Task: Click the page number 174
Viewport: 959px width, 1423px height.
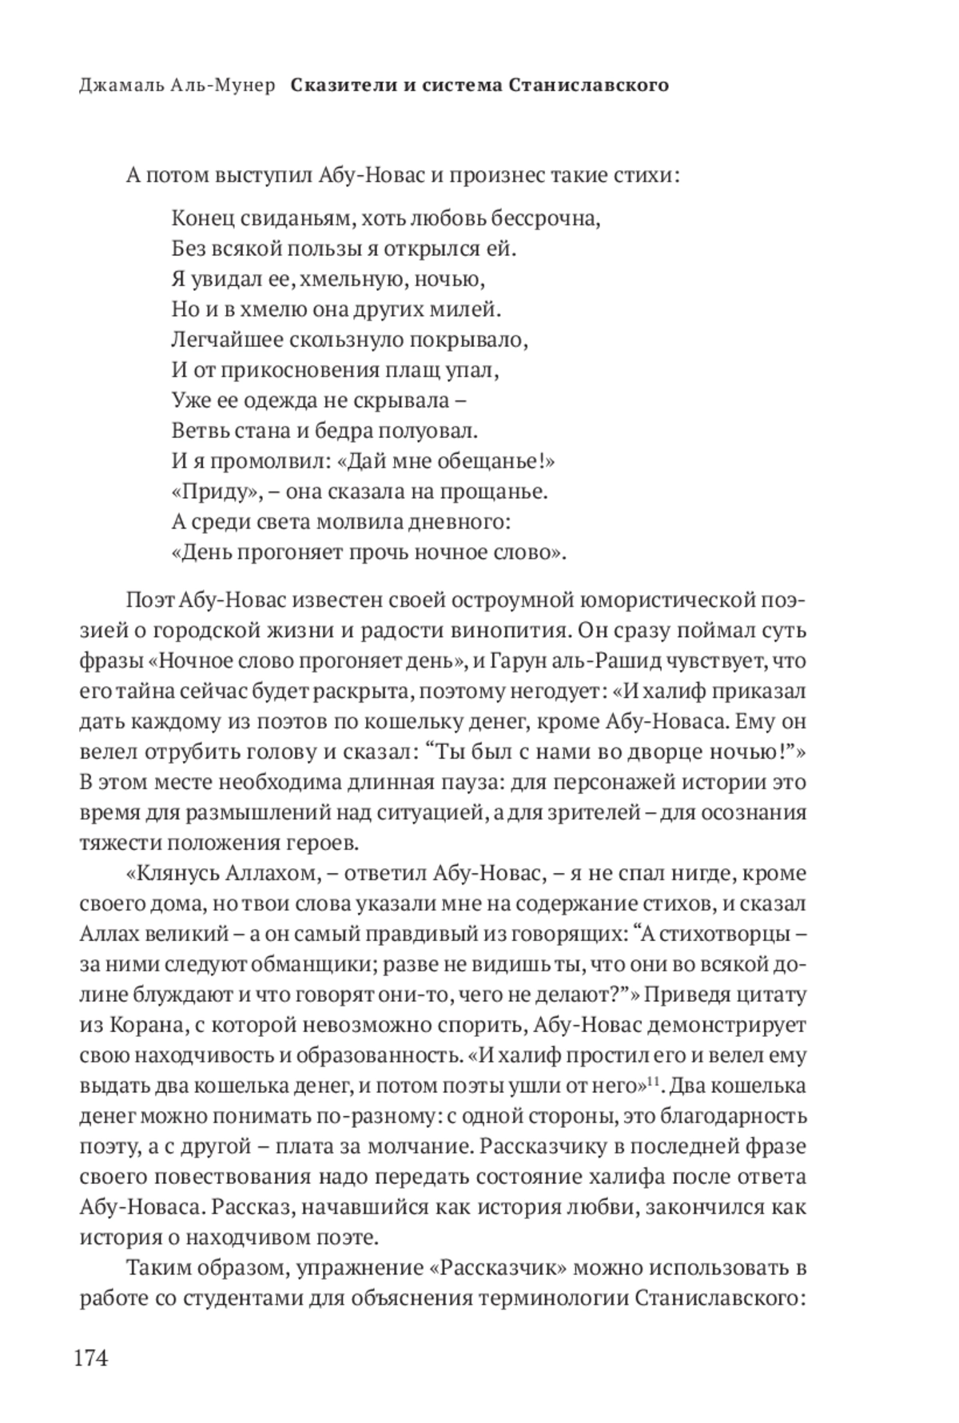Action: tap(90, 1359)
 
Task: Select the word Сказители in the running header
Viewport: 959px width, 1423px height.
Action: tap(341, 86)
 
